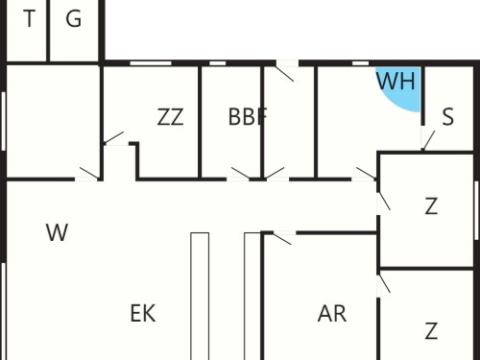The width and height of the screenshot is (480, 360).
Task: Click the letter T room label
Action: [30, 18]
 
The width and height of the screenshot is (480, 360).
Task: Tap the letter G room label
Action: [74, 18]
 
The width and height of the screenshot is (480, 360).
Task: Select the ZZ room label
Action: [171, 117]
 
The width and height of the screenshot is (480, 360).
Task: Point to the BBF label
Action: [248, 116]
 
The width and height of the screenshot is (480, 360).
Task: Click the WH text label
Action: [396, 81]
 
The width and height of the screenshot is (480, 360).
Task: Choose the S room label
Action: [447, 116]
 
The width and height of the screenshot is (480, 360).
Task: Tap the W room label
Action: [57, 232]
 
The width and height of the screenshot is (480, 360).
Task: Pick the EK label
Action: [143, 313]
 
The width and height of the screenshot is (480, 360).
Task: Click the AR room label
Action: [332, 314]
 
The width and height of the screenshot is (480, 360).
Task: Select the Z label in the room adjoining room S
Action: [431, 206]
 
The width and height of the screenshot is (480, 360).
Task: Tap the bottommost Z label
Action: [431, 331]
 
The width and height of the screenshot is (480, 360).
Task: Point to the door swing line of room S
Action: [429, 140]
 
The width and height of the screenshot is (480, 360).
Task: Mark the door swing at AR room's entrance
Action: [282, 239]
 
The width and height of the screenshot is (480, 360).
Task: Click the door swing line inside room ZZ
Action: [113, 137]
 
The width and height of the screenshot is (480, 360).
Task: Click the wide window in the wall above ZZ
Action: [151, 63]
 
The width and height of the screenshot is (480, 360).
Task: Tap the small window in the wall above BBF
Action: [218, 63]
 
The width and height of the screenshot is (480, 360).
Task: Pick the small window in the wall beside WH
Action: [361, 63]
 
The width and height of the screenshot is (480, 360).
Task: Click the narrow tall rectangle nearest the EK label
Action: [200, 297]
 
